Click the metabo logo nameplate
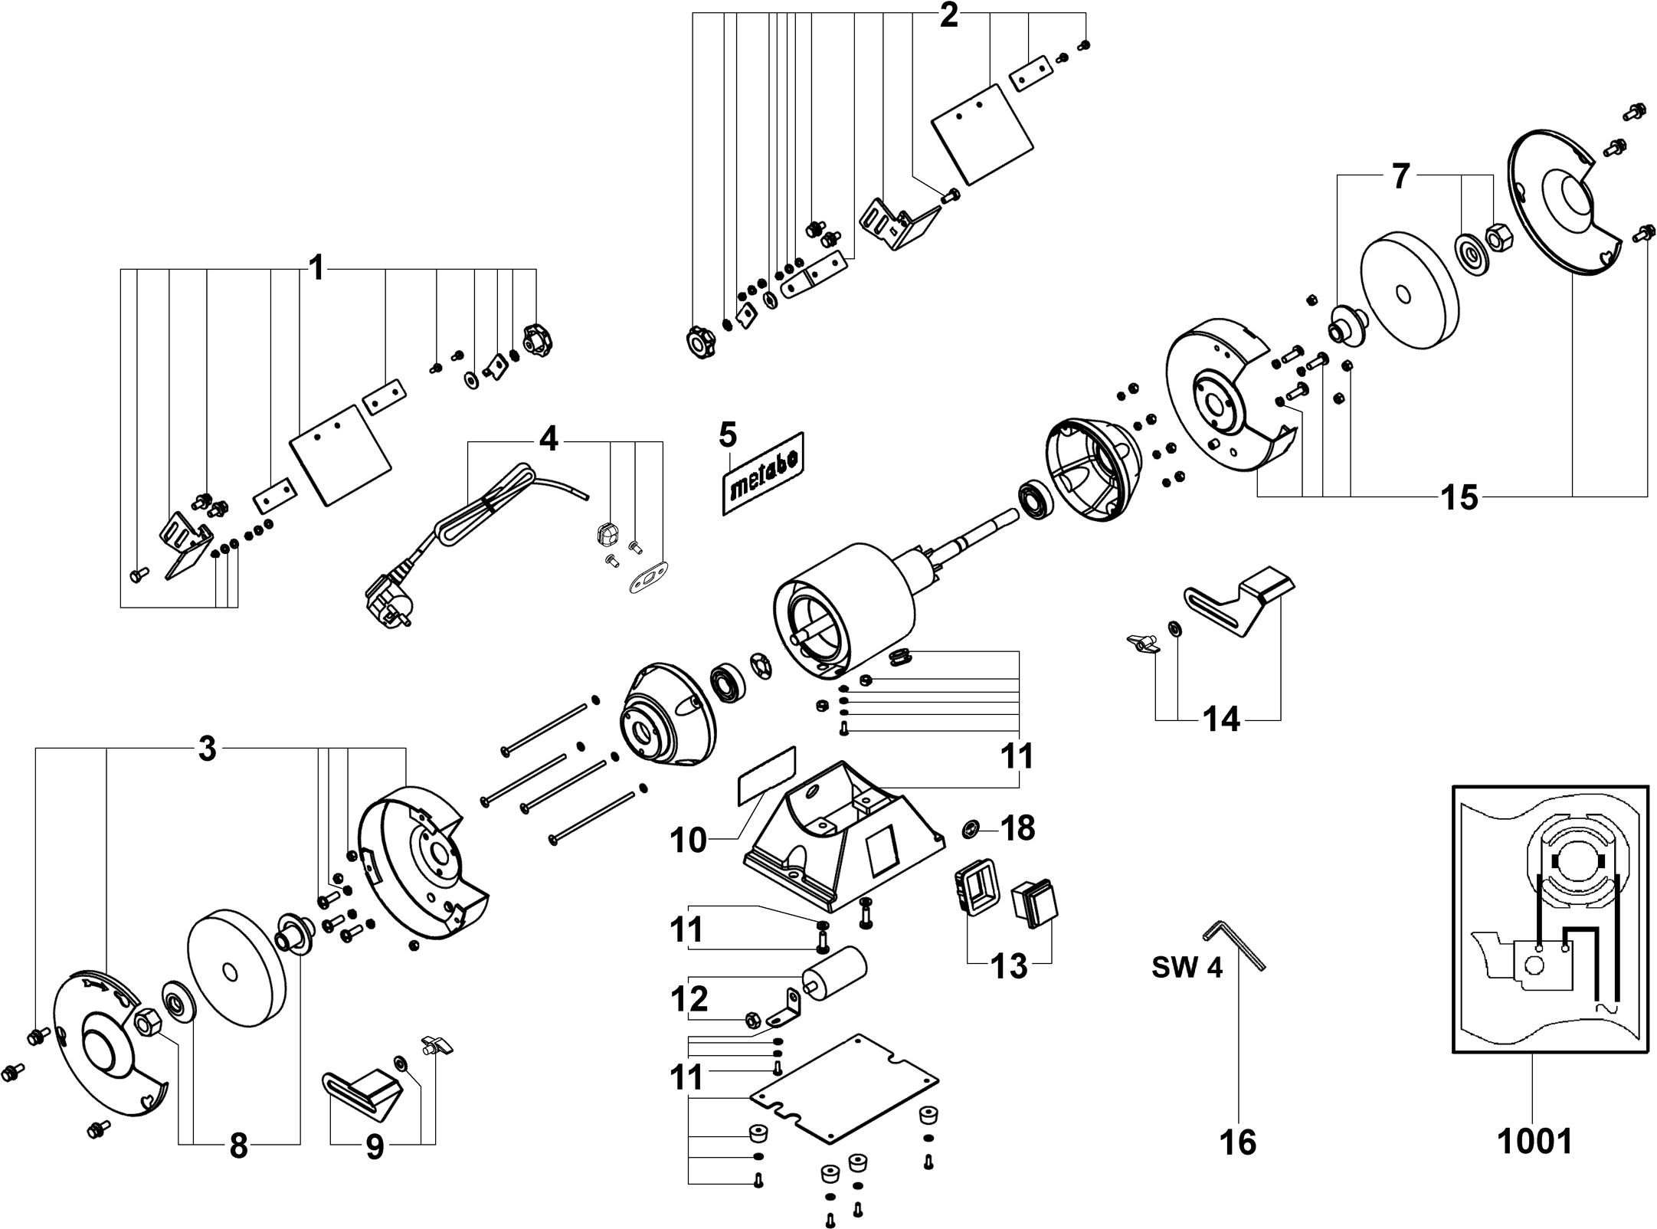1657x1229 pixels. click(763, 473)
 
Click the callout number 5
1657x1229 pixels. click(728, 434)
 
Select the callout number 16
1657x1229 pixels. click(1237, 1142)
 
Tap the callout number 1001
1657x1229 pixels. click(1534, 1141)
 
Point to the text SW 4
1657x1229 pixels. click(1187, 968)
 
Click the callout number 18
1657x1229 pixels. click(1018, 828)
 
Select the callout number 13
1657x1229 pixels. click(1009, 966)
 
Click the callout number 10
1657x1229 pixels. click(688, 841)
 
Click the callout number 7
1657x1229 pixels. click(1400, 177)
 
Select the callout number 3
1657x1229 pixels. click(207, 749)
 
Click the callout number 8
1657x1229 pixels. click(238, 1147)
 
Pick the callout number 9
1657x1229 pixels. click(375, 1147)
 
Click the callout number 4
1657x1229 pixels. click(549, 440)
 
